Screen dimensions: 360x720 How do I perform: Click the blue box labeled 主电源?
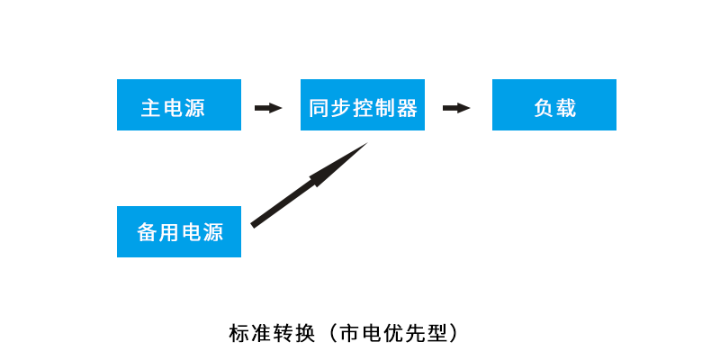[179, 105]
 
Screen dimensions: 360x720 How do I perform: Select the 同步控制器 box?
[363, 105]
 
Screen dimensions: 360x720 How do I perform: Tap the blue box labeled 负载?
[554, 105]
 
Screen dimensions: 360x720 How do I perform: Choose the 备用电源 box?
[179, 231]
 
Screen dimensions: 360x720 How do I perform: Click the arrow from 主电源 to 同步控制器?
[268, 108]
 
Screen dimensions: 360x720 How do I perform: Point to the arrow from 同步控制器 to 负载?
[456, 108]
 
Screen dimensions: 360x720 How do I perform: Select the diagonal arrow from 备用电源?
[306, 186]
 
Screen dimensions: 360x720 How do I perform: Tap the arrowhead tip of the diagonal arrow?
[364, 145]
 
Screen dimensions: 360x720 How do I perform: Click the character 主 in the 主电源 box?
[150, 108]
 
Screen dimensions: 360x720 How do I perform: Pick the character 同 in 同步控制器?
[319, 108]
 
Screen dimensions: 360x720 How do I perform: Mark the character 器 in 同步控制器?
[407, 108]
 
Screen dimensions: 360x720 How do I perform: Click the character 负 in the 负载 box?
[543, 108]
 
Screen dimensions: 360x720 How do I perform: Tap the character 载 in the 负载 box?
[566, 108]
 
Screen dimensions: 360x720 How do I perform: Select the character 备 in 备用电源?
[147, 232]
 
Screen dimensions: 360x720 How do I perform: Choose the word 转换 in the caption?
[294, 333]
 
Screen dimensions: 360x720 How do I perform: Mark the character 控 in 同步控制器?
[364, 108]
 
